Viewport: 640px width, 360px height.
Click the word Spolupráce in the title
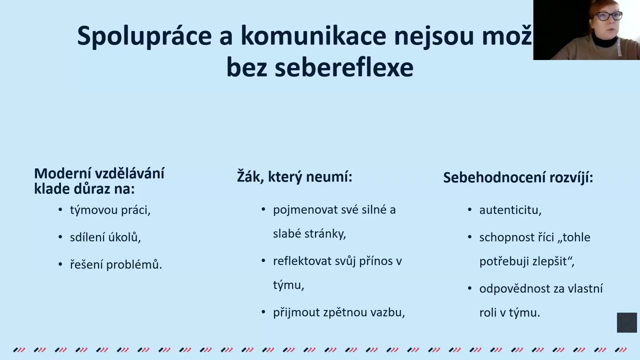[144, 36]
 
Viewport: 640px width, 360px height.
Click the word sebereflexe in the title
[344, 68]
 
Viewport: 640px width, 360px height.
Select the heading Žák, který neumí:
[294, 177]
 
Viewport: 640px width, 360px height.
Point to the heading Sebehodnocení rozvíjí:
[518, 177]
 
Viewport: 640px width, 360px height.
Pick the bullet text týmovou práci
[110, 210]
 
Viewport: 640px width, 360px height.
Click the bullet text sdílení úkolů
[105, 237]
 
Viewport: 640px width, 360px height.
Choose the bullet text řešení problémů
[115, 264]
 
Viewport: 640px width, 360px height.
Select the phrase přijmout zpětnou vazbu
[338, 312]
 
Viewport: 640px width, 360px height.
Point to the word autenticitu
[510, 210]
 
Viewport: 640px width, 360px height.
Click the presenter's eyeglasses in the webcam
[608, 15]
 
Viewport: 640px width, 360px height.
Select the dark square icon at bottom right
[626, 322]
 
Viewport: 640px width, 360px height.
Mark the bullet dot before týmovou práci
[60, 210]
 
